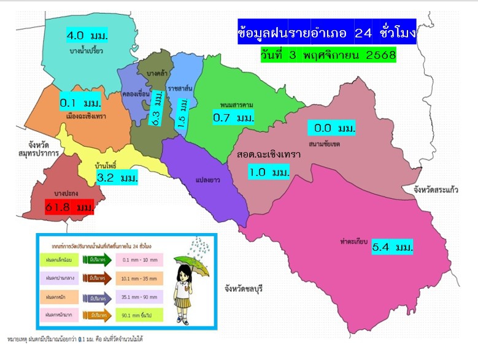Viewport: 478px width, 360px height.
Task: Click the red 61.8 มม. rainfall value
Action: tap(69, 208)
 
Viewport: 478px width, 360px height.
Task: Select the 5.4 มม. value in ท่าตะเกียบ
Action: tap(392, 248)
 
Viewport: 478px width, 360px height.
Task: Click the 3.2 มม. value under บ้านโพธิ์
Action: tap(117, 178)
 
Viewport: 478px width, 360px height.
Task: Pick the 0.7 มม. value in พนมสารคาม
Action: tap(233, 117)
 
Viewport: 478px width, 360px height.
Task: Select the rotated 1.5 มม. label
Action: tap(182, 113)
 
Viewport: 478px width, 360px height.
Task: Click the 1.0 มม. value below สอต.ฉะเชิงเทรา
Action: tap(269, 172)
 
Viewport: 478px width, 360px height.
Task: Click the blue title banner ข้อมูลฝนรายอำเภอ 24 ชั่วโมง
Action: tap(326, 32)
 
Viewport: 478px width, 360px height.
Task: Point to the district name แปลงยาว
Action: tap(207, 181)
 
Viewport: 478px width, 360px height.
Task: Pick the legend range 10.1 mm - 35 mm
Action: tap(139, 278)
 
